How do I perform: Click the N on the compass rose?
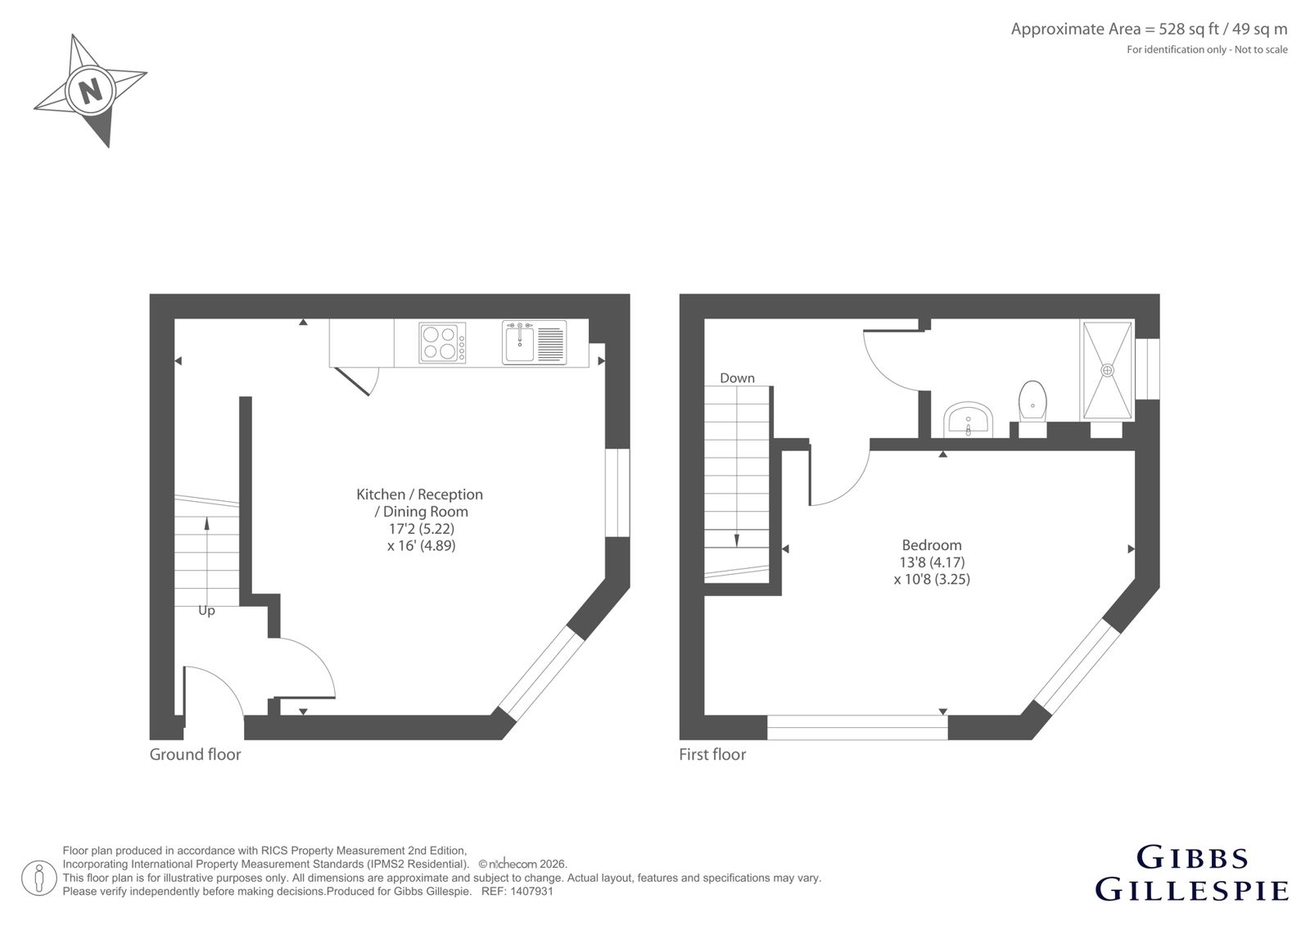coord(90,91)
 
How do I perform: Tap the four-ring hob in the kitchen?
coord(443,343)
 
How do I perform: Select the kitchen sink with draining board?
coord(534,342)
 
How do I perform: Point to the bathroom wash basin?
coord(968,419)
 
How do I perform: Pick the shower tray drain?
coord(1107,370)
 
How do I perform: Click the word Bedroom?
coord(932,545)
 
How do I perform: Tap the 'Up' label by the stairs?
coord(206,611)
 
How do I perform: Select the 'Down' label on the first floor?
coord(737,378)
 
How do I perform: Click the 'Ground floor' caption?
coord(196,754)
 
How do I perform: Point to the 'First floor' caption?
coord(712,754)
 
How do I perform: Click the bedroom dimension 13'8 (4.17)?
coord(933,562)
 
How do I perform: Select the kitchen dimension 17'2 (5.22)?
coord(422,529)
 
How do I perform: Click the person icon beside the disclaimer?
coord(38,879)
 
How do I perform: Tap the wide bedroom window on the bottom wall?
coord(857,727)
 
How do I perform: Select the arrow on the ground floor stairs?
coord(206,562)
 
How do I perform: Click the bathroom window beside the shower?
coord(1147,369)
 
